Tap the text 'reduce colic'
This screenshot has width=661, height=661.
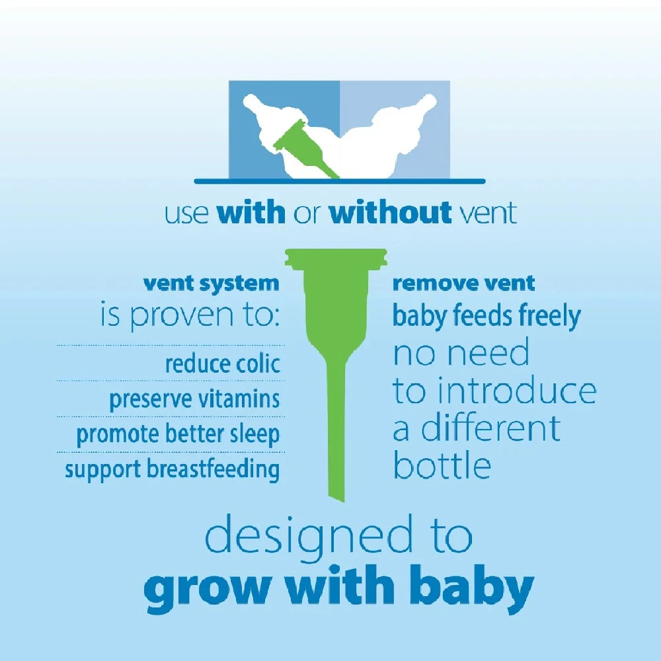click(223, 364)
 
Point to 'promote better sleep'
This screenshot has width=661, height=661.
click(178, 435)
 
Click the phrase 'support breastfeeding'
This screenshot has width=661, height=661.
click(172, 469)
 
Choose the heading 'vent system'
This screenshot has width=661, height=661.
click(212, 284)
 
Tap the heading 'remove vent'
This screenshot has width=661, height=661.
click(464, 284)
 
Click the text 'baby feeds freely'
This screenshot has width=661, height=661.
click(486, 316)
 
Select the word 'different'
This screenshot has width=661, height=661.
click(491, 428)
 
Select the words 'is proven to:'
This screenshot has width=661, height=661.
click(190, 315)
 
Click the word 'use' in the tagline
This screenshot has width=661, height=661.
click(186, 214)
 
